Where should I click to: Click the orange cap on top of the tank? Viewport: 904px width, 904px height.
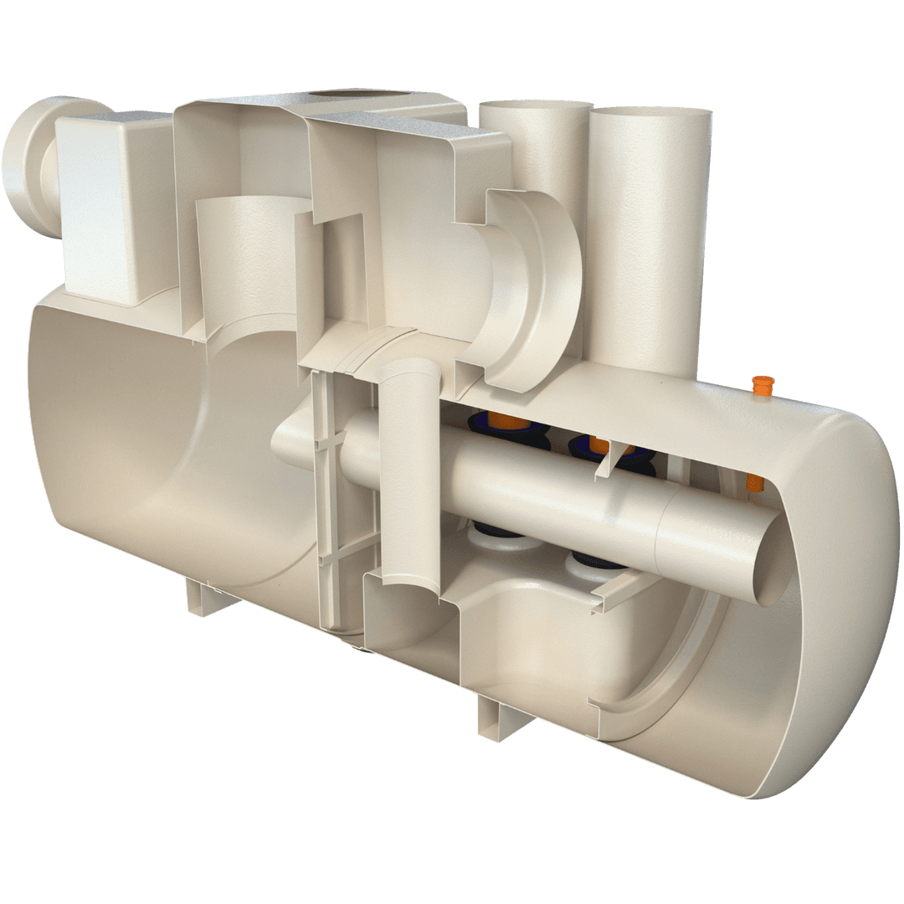point(761,388)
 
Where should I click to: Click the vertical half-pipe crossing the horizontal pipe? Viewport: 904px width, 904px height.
point(411,469)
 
